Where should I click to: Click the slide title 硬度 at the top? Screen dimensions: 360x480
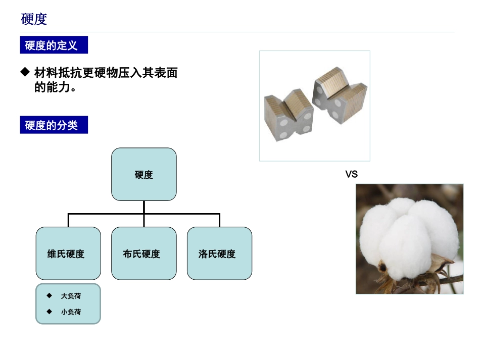coord(34,19)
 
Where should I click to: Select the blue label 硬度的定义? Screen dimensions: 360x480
coord(54,45)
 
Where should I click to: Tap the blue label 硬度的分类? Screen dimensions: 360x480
coord(54,125)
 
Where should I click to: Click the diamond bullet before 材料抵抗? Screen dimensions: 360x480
coord(25,72)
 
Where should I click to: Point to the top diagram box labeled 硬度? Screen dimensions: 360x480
coord(144,175)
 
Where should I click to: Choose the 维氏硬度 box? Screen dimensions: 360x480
coord(68,253)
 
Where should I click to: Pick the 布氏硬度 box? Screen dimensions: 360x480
coord(144,253)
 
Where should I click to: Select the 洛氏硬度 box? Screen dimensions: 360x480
coord(219,253)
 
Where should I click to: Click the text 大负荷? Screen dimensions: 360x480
coord(71,296)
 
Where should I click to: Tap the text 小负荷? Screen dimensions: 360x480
coord(71,312)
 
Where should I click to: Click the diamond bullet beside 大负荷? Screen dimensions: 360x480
coord(49,295)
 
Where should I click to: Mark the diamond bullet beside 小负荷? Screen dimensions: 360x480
coord(49,312)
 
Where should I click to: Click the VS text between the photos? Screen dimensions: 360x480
coord(351,174)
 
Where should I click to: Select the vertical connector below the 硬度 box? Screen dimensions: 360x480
coord(144,207)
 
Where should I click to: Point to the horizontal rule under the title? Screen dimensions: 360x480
coord(237,32)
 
